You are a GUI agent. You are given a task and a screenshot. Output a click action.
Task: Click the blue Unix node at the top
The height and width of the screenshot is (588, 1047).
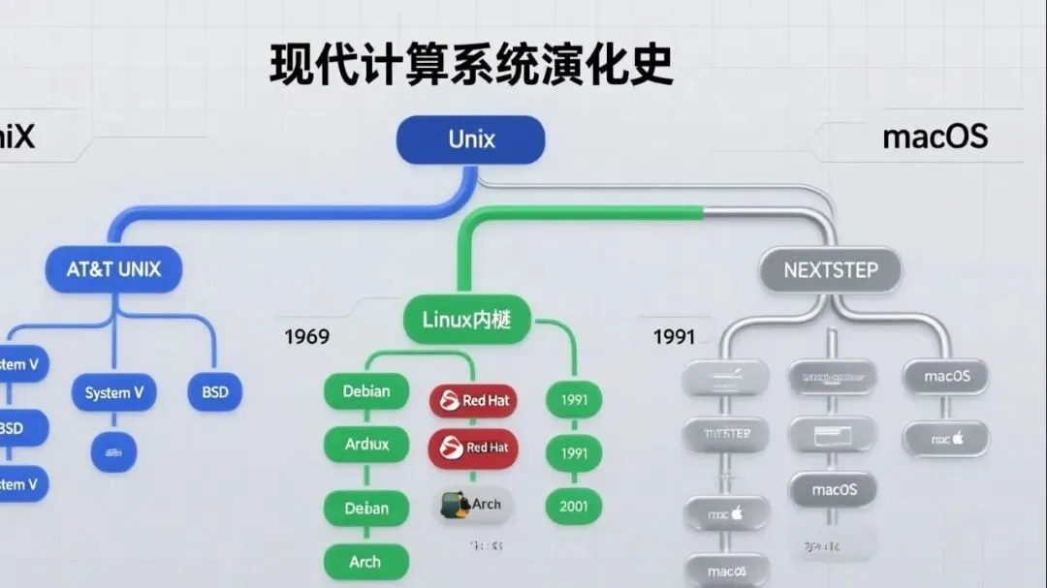pyautogui.click(x=470, y=139)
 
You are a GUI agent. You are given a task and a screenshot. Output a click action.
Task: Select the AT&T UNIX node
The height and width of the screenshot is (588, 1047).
pyautogui.click(x=113, y=270)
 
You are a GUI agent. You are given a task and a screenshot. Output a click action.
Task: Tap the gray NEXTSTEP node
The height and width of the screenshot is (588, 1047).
pyautogui.click(x=829, y=270)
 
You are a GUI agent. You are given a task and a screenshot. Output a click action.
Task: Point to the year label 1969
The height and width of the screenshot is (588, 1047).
pyautogui.click(x=306, y=337)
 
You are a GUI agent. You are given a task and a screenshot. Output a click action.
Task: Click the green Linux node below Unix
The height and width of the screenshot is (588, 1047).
pyautogui.click(x=466, y=319)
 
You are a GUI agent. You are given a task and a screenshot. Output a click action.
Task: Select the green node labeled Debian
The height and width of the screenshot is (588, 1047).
pyautogui.click(x=366, y=391)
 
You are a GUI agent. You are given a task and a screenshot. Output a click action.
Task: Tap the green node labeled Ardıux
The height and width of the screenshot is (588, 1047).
pyautogui.click(x=366, y=445)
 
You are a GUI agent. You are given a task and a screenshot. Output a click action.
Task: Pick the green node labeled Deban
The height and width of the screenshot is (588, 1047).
pyautogui.click(x=366, y=508)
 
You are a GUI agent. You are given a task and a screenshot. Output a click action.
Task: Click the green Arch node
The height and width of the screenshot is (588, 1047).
pyautogui.click(x=365, y=562)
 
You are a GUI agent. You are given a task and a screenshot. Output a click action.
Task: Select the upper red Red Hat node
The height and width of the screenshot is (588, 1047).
pyautogui.click(x=473, y=400)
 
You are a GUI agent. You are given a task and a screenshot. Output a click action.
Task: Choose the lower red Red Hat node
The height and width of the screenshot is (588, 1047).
pyautogui.click(x=473, y=448)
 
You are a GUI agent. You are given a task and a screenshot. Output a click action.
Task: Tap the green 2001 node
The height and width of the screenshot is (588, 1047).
pyautogui.click(x=574, y=505)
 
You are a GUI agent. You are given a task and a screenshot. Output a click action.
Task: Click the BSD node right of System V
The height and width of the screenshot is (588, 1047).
pyautogui.click(x=214, y=392)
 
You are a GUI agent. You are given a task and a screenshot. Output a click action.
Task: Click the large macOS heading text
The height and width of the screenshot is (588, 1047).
pyautogui.click(x=935, y=137)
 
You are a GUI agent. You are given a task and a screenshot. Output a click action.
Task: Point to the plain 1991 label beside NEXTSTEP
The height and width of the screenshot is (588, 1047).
pyautogui.click(x=674, y=337)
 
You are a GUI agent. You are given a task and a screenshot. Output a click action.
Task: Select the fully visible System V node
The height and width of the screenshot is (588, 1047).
pyautogui.click(x=114, y=392)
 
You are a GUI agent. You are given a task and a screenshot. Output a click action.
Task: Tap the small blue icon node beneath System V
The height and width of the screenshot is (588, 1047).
pyautogui.click(x=113, y=451)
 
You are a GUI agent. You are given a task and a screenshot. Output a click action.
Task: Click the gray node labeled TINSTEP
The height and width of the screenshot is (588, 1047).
pyautogui.click(x=727, y=434)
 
